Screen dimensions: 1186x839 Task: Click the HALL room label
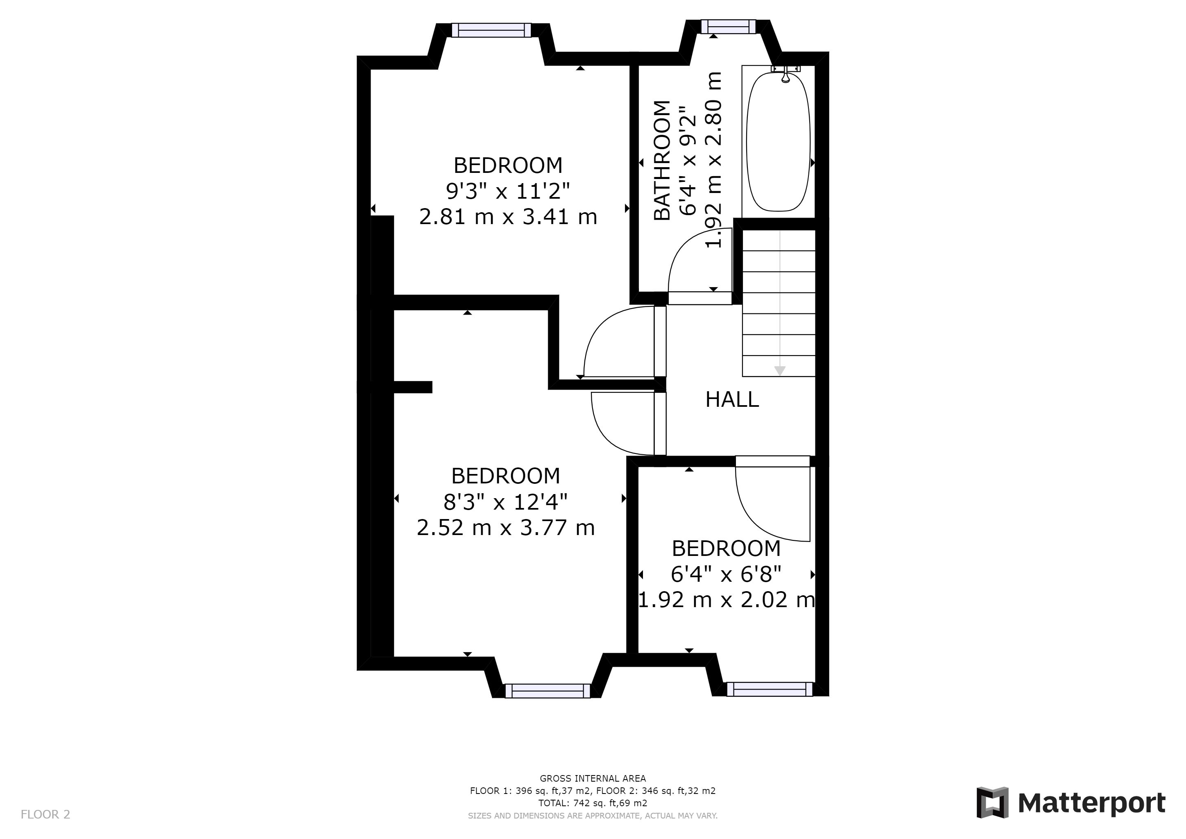tap(732, 399)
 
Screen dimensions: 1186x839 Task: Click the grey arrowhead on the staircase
tap(779, 371)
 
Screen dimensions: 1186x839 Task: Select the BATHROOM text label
tap(662, 160)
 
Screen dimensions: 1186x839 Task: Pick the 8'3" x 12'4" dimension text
tap(506, 501)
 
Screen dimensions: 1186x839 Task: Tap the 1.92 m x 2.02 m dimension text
tap(726, 600)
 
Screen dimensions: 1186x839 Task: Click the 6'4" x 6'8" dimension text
tap(726, 574)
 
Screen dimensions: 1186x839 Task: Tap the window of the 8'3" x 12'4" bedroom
tap(548, 691)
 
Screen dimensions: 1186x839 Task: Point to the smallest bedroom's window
tap(770, 689)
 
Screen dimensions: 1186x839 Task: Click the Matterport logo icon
tap(992, 803)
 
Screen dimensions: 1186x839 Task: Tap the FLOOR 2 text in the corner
tap(45, 815)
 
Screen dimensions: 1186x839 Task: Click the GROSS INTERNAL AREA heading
tap(593, 778)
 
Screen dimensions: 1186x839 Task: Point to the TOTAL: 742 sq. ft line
tap(593, 803)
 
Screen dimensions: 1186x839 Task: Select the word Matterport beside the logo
tap(1092, 804)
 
